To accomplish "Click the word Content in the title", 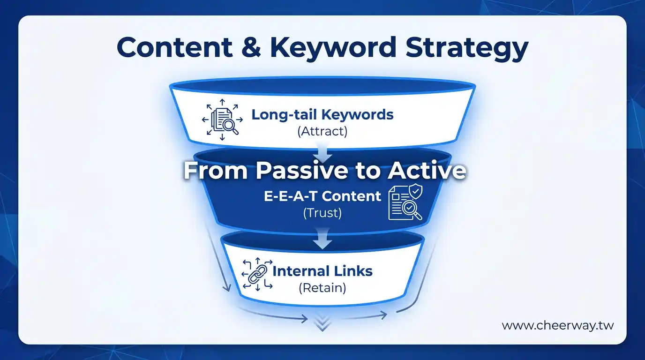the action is click(x=174, y=47).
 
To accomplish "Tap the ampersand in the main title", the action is click(x=251, y=47).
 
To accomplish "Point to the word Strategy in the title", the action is click(x=467, y=49).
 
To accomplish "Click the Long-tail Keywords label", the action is click(x=322, y=115).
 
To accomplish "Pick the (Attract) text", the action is click(x=322, y=131).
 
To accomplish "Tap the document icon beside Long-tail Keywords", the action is click(x=222, y=120).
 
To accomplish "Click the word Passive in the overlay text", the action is click(x=302, y=171).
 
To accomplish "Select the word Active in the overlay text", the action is click(x=427, y=171).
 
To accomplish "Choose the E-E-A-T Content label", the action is click(x=322, y=196).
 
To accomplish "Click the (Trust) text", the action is click(x=322, y=213).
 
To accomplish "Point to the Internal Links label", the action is click(x=322, y=271).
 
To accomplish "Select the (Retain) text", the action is click(x=322, y=288).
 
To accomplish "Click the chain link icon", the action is click(x=257, y=274).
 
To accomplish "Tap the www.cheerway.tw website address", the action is click(x=558, y=326).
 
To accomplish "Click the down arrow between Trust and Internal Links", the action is click(x=322, y=239).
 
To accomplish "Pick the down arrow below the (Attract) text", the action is click(x=322, y=152).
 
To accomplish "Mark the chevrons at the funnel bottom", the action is click(x=322, y=322).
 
